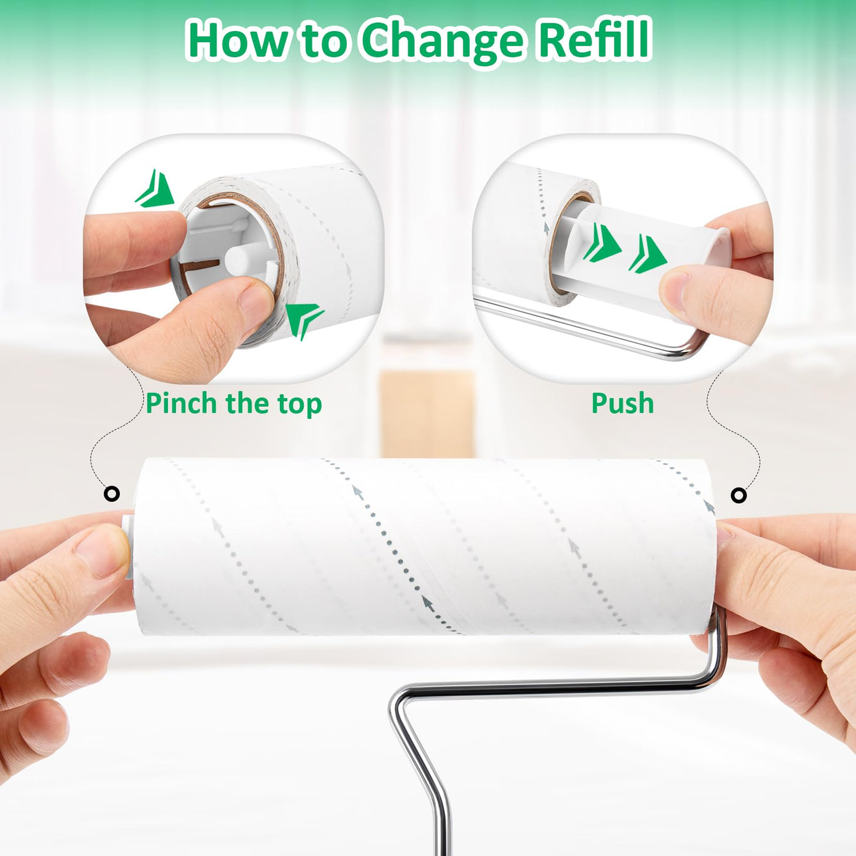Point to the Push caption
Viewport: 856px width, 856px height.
622,403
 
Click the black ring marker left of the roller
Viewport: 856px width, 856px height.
111,493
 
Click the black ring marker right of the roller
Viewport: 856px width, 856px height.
739,495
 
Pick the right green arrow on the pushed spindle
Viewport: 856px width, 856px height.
648,254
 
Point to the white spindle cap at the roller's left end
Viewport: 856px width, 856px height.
128,546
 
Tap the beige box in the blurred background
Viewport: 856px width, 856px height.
427,413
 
